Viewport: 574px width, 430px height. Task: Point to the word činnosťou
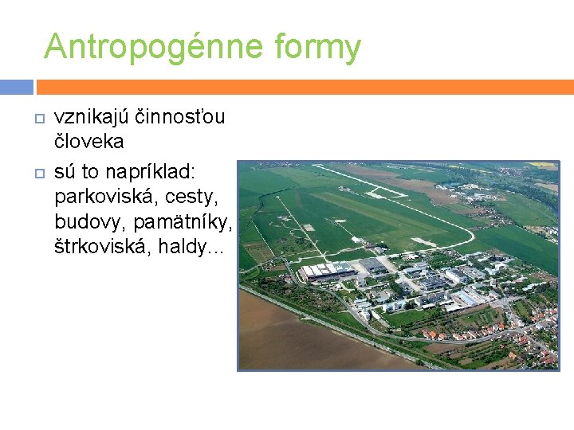pyautogui.click(x=179, y=117)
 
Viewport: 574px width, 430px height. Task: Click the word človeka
pyautogui.click(x=89, y=142)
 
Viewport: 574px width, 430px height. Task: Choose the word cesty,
pyautogui.click(x=195, y=195)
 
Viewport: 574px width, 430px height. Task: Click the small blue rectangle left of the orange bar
pyautogui.click(x=16, y=87)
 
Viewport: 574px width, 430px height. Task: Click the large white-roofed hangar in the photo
pyautogui.click(x=327, y=272)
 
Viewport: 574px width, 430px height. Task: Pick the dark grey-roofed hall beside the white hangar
pyautogui.click(x=372, y=264)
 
